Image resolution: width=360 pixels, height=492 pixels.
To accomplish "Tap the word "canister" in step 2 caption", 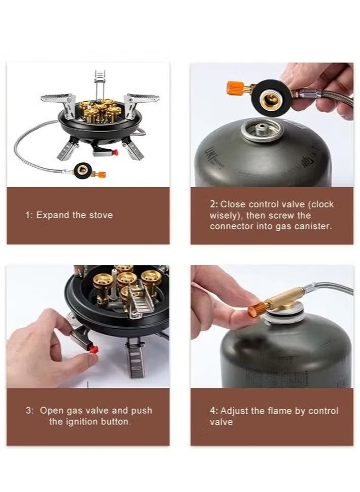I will pyautogui.click(x=315, y=226).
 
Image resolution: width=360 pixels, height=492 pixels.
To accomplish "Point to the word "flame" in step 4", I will pyautogui.click(x=279, y=411).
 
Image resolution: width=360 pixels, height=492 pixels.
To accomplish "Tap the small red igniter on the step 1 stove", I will pyautogui.click(x=115, y=152).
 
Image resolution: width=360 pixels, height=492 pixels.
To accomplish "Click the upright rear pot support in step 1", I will pyautogui.click(x=100, y=81).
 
